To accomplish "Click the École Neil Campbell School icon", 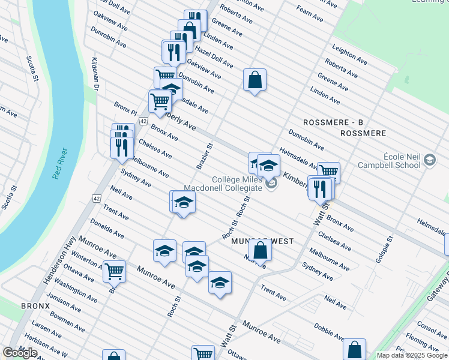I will pyautogui.click(x=429, y=160).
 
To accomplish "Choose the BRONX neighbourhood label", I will pyautogui.click(x=35, y=305).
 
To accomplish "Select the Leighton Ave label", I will pyautogui.click(x=349, y=55).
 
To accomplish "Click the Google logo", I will pyautogui.click(x=20, y=353).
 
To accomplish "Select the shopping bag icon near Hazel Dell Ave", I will pyautogui.click(x=255, y=79).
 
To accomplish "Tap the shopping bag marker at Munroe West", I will pyautogui.click(x=260, y=249).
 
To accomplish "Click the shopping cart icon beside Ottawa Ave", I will pyautogui.click(x=113, y=271).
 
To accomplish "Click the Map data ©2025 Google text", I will pyautogui.click(x=412, y=355).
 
